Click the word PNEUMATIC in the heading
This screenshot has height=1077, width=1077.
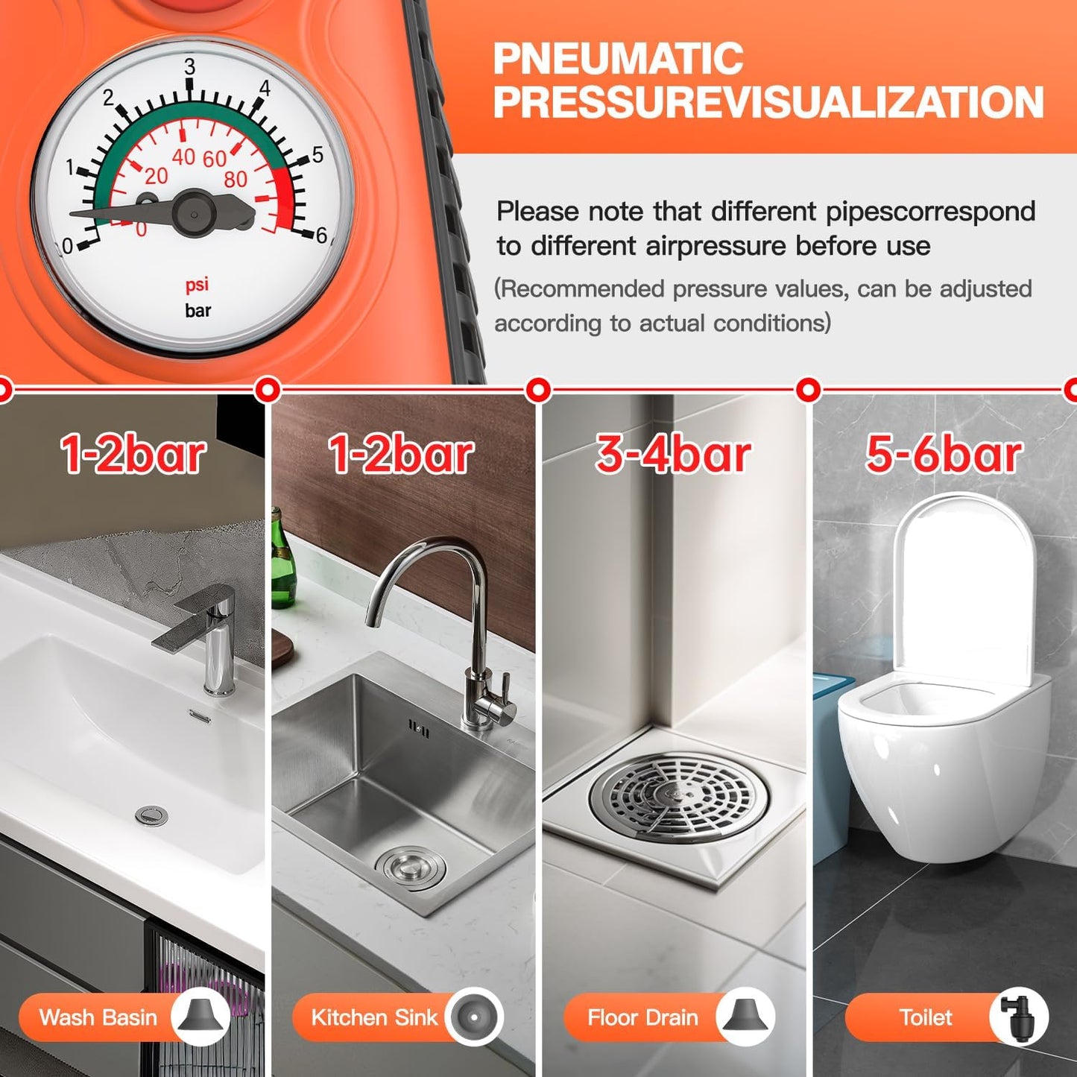point(618,59)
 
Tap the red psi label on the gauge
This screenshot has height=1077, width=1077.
point(197,285)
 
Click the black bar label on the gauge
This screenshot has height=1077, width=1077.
point(198,310)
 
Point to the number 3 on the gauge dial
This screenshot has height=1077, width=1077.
point(189,67)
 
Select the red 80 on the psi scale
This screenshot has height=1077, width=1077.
point(236,180)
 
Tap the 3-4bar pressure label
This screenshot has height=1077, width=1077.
point(672,455)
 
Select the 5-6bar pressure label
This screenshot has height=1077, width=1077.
point(943,455)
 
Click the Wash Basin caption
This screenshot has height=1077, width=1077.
point(98,1017)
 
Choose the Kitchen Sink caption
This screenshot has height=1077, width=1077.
point(373,1017)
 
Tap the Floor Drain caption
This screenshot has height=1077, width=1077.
point(642,1017)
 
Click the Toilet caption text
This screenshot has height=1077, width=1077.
point(925,1017)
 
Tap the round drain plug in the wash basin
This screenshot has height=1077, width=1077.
point(151,815)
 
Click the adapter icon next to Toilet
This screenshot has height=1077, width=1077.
point(1018,1017)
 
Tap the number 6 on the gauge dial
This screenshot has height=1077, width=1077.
point(321,236)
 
